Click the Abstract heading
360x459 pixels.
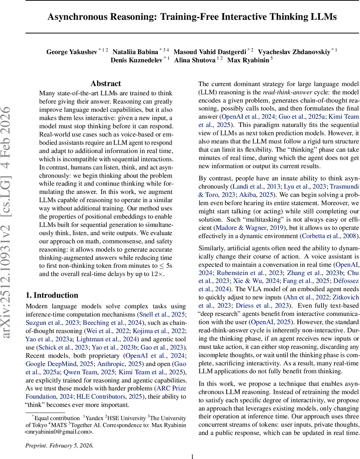tap(106, 83)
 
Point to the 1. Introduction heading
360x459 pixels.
tap(52, 295)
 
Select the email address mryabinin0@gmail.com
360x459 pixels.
tap(60, 431)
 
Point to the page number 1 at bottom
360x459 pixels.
tap(193, 456)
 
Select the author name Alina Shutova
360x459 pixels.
tap(195, 60)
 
